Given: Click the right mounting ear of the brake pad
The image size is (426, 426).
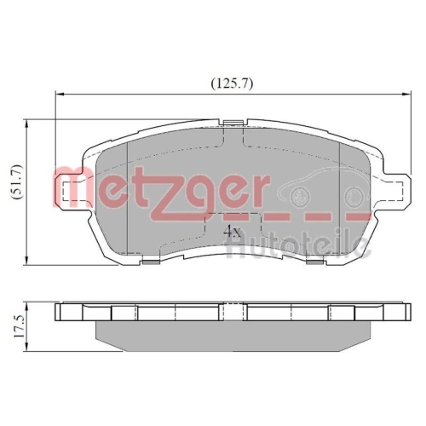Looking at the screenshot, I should pyautogui.click(x=391, y=189).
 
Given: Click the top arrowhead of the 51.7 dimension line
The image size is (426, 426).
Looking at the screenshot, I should pyautogui.click(x=31, y=124).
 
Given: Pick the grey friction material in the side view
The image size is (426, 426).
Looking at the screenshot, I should pyautogui.click(x=230, y=333).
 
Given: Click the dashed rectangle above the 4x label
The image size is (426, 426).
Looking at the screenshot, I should pyautogui.click(x=228, y=217).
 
